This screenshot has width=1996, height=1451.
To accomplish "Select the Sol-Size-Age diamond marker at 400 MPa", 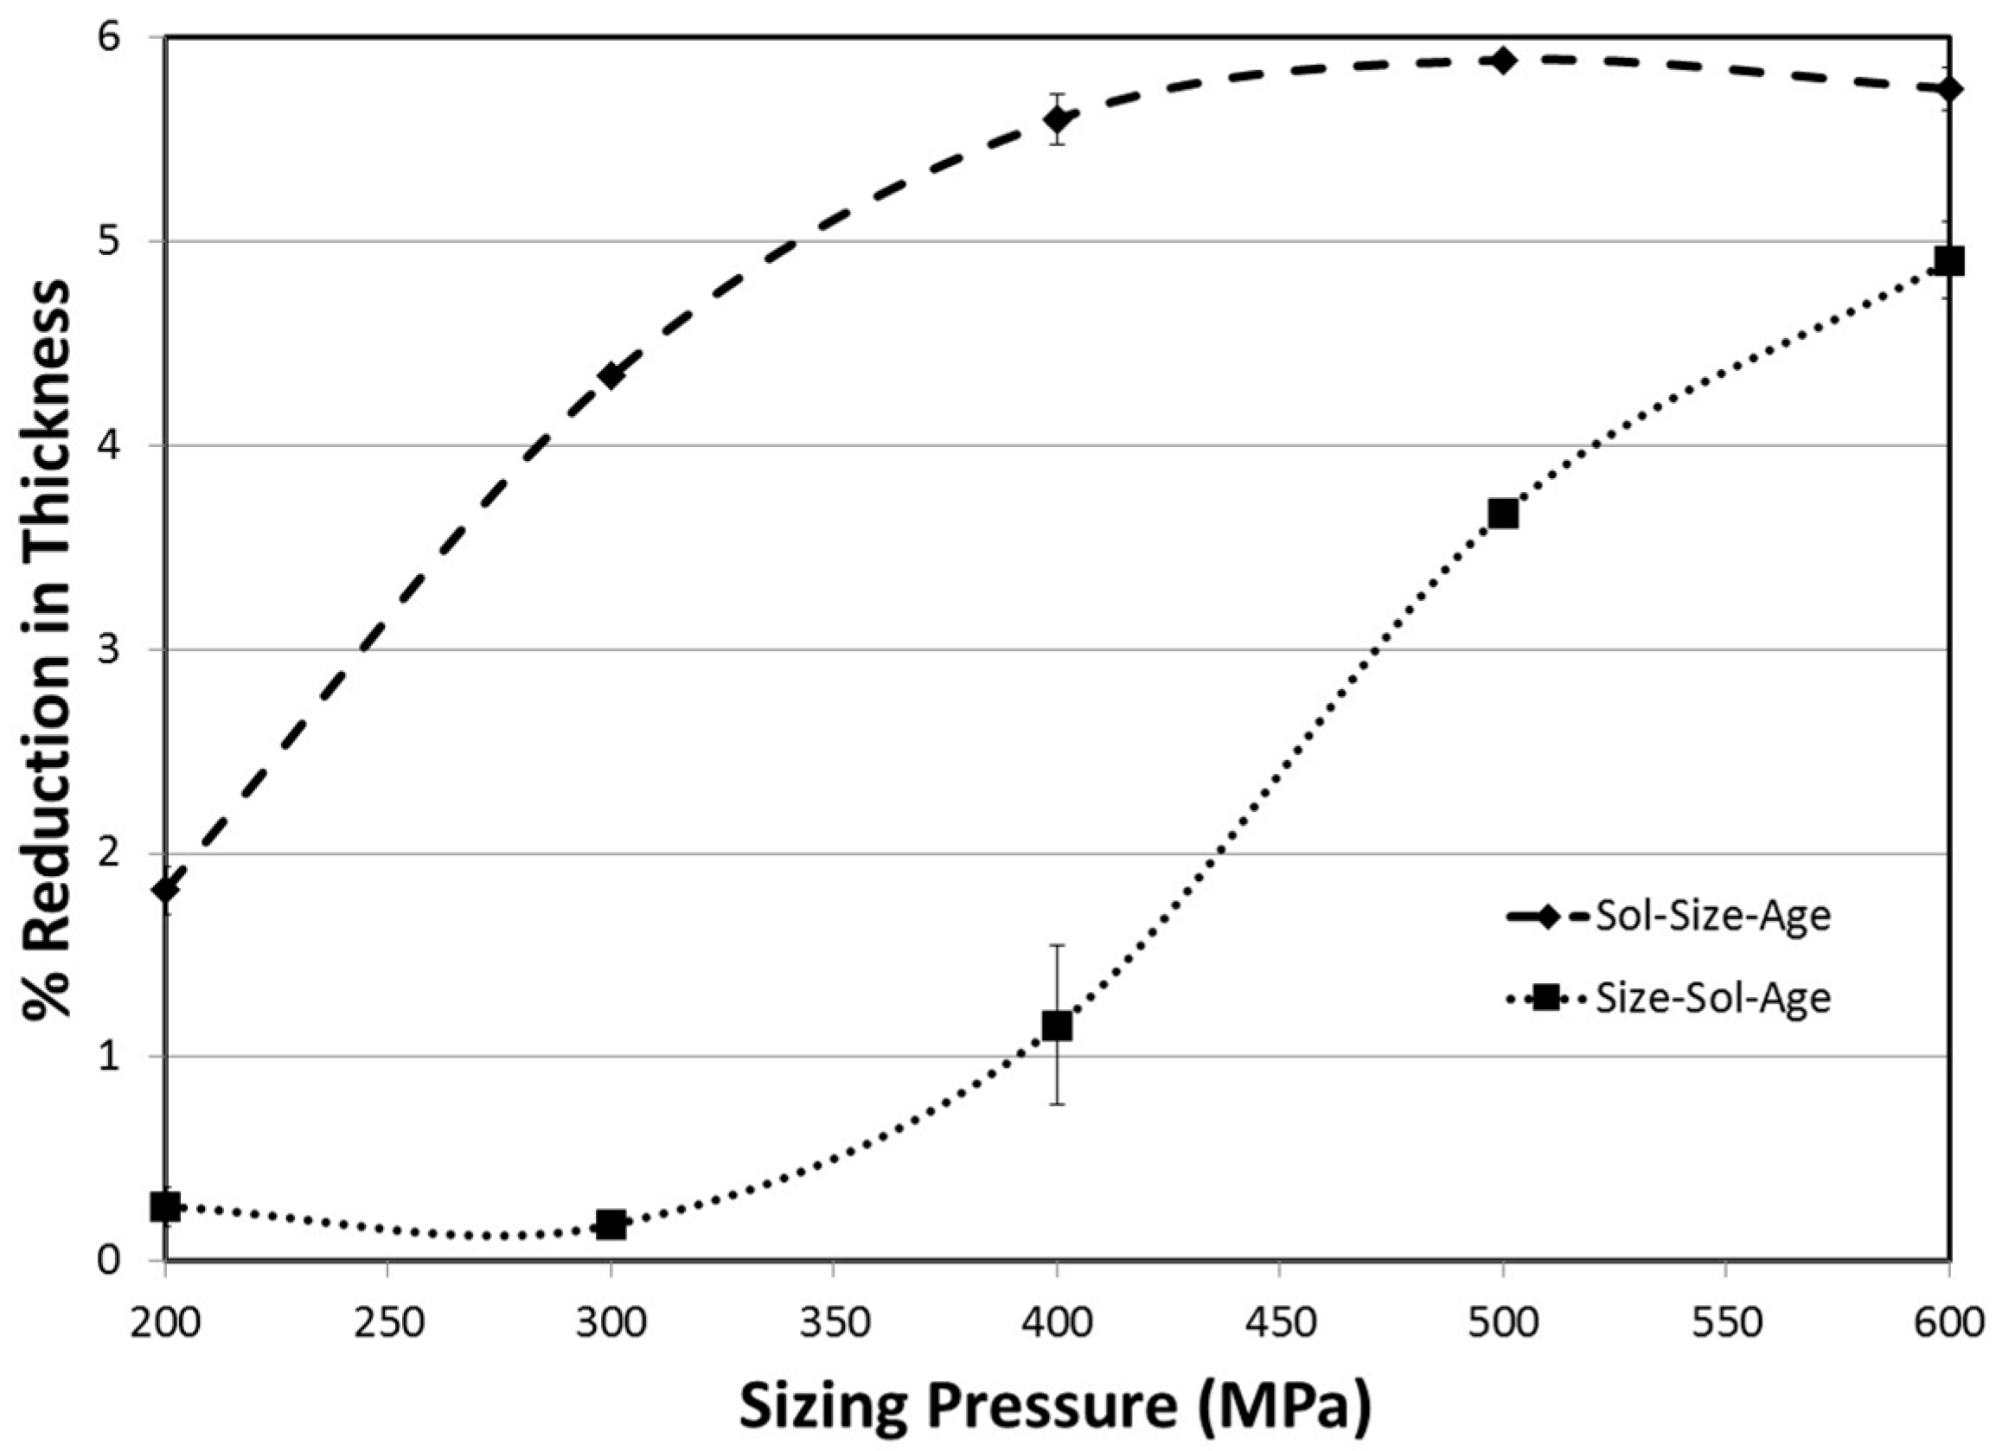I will [1057, 118].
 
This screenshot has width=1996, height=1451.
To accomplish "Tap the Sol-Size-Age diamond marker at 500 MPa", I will [1503, 61].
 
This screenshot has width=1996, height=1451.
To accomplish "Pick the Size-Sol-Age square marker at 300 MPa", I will [611, 1224].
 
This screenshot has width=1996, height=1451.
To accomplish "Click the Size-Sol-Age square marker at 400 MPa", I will [1057, 1026].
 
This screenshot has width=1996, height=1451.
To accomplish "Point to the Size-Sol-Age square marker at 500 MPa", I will [1503, 514].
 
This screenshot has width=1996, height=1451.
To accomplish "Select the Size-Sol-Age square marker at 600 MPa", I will [1948, 262].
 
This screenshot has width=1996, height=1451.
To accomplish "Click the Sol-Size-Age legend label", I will [1712, 916].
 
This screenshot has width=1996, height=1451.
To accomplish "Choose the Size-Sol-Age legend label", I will [1712, 999].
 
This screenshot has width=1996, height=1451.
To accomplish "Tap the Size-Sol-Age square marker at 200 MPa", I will [165, 1207].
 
